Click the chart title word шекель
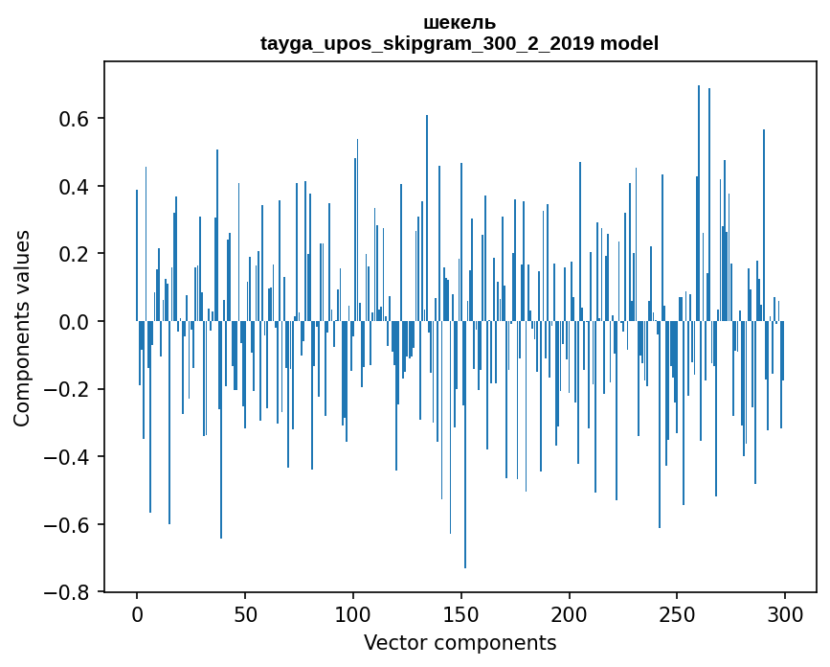point(460,23)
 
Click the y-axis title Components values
point(22,328)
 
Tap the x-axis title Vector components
point(460,642)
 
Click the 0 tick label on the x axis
point(137,613)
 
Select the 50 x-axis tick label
point(245,613)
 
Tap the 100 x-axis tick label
point(353,613)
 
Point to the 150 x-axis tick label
point(461,613)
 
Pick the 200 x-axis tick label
point(570,613)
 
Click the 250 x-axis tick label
point(678,613)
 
